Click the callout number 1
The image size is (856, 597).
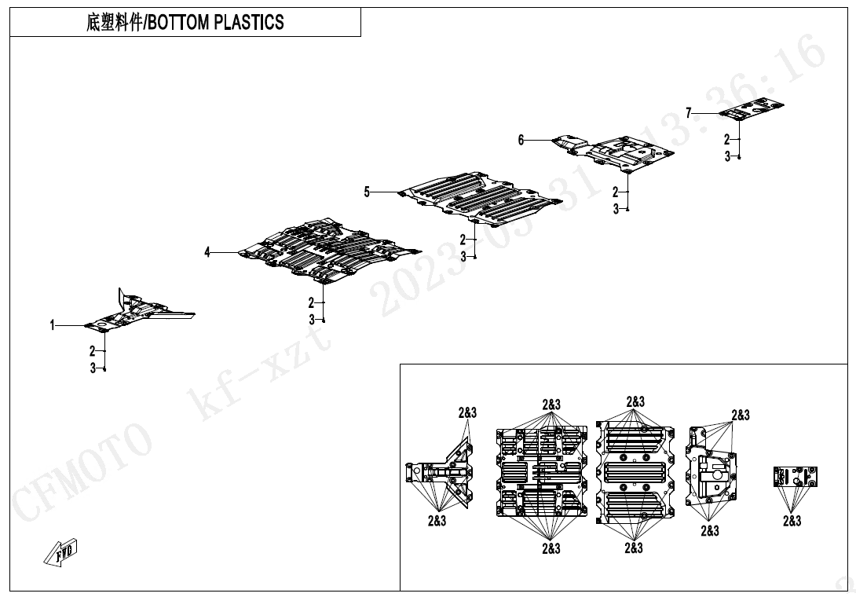pos(53,325)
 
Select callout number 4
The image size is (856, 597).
pos(207,252)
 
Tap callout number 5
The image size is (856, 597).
pos(367,192)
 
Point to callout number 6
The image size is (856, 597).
pos(521,141)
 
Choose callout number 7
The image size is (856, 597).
pos(689,113)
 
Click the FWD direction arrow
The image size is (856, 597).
pos(60,552)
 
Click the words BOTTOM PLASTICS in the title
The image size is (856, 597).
pos(216,23)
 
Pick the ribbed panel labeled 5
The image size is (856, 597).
pos(481,198)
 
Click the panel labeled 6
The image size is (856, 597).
pos(613,152)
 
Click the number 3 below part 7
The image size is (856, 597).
pos(727,157)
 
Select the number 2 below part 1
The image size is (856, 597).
pos(93,350)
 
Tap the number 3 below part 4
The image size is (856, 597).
pos(312,320)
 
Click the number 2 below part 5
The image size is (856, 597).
pos(463,240)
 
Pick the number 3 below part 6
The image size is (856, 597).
pos(616,209)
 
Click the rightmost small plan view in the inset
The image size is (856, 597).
pos(796,476)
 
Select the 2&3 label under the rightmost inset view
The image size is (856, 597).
pos(792,521)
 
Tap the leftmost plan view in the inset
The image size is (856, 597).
pos(440,472)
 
